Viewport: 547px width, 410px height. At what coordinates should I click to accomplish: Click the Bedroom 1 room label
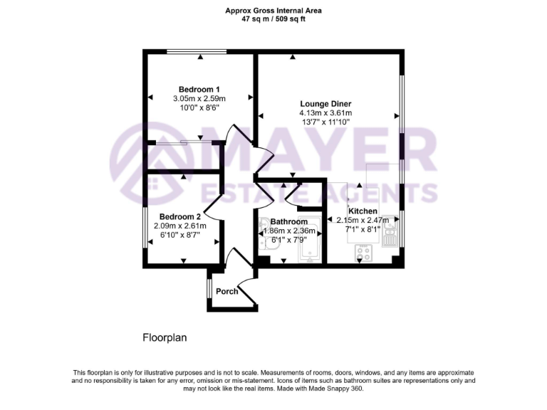point(199,89)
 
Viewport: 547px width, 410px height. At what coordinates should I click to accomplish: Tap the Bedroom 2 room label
point(179,216)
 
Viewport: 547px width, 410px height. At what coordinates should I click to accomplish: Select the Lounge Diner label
point(325,103)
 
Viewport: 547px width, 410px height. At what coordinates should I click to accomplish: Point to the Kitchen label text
point(362,211)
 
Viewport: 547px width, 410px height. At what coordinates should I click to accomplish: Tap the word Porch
point(227,291)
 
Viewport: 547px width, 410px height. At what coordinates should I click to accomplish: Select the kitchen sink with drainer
point(389,229)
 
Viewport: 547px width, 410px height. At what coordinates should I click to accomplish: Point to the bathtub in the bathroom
point(310,238)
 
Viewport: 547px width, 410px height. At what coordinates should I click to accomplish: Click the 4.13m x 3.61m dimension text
point(325,112)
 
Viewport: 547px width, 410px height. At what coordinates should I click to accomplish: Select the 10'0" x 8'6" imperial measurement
point(199,108)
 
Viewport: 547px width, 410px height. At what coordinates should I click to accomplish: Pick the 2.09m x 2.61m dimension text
point(179,226)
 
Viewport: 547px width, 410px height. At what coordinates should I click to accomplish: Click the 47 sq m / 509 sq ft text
point(273,19)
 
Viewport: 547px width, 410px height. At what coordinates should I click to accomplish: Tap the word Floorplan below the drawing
point(165,338)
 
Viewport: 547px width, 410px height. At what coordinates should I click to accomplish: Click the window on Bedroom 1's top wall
point(197,51)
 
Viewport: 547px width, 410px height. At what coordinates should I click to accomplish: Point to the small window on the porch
point(209,289)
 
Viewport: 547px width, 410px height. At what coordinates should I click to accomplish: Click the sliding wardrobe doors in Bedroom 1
point(184,143)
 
